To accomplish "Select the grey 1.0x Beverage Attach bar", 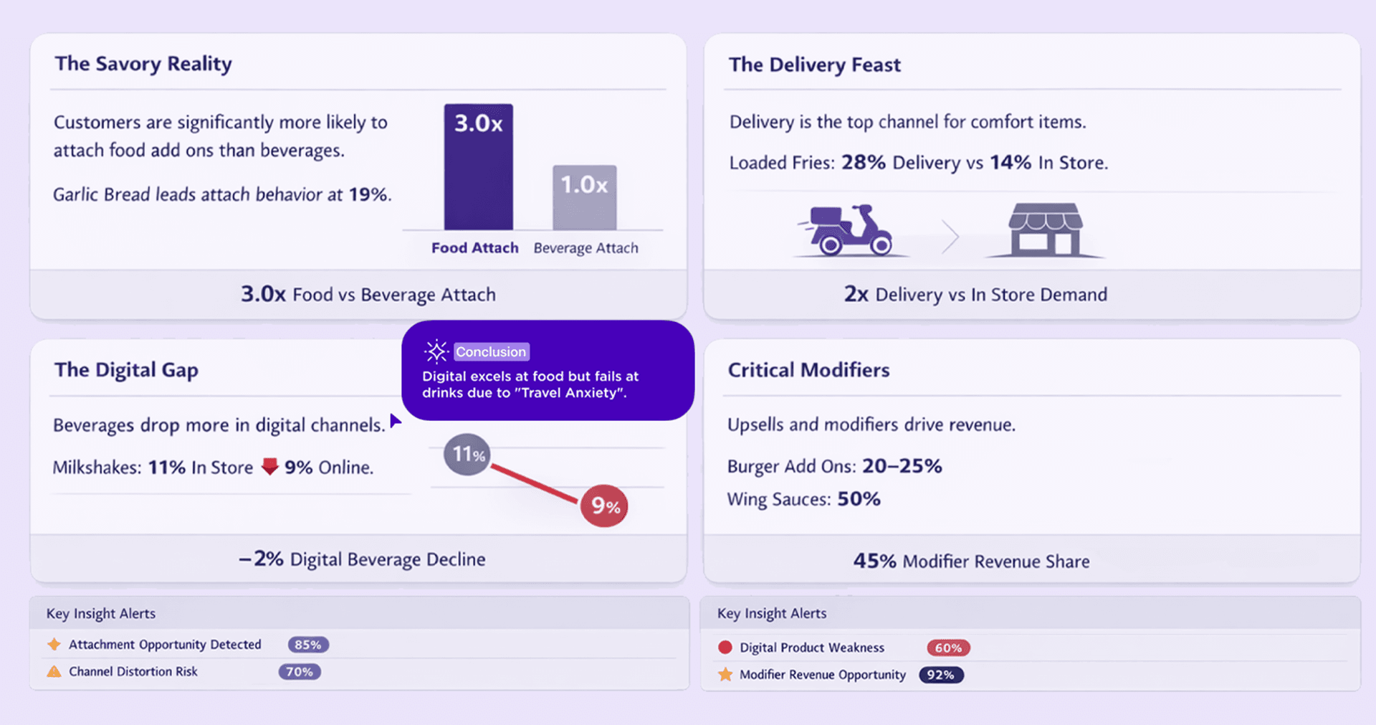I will tap(584, 198).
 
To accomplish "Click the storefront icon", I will tap(1046, 229).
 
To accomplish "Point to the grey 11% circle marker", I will tap(467, 454).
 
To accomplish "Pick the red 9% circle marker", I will tap(604, 506).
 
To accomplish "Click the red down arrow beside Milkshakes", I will tap(269, 467).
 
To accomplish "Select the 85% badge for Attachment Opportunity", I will tap(308, 645).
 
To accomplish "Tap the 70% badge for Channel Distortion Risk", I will tap(300, 672).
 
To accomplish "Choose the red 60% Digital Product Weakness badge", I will tap(948, 648).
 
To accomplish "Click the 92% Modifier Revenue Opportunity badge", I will tap(941, 675).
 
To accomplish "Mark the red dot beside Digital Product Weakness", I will tap(725, 648).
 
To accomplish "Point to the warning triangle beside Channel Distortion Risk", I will tap(54, 672).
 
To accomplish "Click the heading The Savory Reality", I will tap(143, 64).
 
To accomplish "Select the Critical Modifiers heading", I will tap(808, 370).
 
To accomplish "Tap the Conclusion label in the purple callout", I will tap(491, 352).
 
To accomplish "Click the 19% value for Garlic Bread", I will tap(368, 194).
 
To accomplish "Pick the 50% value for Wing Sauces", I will tap(859, 499).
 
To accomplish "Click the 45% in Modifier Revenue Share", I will tap(874, 561).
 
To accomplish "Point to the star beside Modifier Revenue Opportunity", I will tap(725, 675).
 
